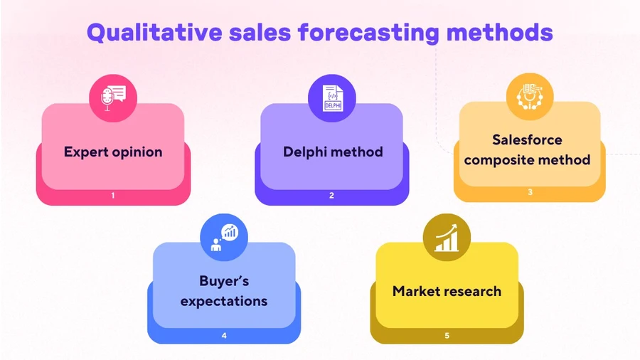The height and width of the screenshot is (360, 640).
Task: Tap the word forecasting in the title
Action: (368, 33)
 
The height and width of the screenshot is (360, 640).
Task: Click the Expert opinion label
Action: (113, 152)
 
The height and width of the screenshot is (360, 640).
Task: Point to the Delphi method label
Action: (333, 152)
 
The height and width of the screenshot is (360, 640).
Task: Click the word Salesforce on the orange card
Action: (528, 140)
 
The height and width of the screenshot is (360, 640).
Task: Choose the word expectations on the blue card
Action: (224, 302)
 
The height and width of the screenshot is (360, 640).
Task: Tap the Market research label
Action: (447, 292)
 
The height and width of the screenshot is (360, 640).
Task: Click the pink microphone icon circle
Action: (113, 98)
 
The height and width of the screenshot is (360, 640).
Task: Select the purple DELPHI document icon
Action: (332, 98)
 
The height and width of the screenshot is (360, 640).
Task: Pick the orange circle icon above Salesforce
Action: (530, 97)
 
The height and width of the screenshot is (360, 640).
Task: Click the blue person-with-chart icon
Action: (224, 237)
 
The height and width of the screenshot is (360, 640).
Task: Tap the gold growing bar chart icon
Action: (447, 237)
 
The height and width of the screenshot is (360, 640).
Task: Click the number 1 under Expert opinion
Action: (113, 196)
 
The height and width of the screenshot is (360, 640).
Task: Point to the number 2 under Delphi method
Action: (332, 196)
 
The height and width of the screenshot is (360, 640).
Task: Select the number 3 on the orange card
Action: (530, 192)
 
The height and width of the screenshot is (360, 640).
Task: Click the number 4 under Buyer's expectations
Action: (224, 336)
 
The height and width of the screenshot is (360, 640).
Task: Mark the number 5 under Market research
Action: (447, 336)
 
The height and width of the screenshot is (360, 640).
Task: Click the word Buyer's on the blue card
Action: (224, 281)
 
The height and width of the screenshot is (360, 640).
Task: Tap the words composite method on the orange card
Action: (528, 160)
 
